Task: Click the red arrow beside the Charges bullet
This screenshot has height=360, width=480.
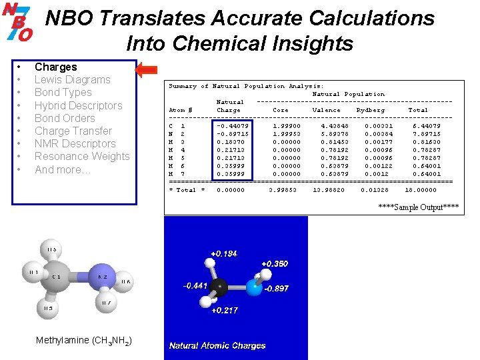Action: coord(146,69)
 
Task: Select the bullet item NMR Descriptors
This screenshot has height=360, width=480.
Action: coord(75,143)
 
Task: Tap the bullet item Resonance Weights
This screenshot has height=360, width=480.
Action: coord(82,156)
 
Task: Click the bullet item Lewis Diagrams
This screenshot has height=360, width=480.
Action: coord(72,79)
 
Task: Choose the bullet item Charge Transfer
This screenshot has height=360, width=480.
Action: coord(73,131)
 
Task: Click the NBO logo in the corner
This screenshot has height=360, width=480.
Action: coord(18,21)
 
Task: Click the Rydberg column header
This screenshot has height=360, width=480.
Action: coord(370,110)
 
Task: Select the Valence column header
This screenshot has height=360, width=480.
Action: coord(326,110)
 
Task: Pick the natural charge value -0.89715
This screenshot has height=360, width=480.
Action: coord(233,134)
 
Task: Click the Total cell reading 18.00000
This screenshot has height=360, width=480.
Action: coord(421,190)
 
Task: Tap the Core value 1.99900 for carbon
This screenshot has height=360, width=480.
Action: coord(287,125)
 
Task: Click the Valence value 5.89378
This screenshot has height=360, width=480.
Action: coord(333,134)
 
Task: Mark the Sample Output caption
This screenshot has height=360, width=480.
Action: coord(418,207)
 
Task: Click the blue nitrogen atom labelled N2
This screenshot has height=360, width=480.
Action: coord(103,275)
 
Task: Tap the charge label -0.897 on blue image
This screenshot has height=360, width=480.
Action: coord(277,289)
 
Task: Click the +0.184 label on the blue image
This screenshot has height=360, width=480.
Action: coord(223,253)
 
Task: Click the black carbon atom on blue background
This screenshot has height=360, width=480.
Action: coord(219,287)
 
